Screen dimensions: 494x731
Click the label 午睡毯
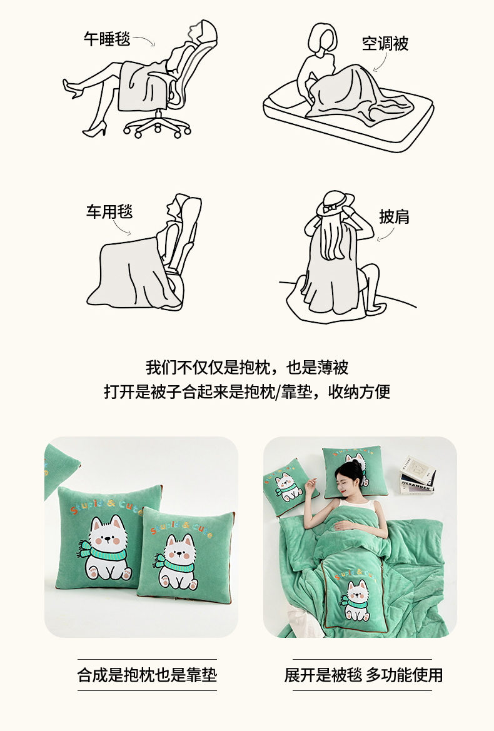pos(107,38)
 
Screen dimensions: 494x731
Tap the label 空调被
pos(385,43)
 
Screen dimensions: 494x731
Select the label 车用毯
pos(109,211)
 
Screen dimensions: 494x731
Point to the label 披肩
pos(395,217)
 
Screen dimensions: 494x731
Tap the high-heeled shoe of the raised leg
pos(73,89)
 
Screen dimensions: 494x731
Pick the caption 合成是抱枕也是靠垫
pos(148,675)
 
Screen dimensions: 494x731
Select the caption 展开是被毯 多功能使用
pos(363,675)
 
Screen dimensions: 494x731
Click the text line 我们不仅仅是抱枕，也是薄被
pos(247,367)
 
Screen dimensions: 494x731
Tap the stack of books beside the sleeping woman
pos(418,475)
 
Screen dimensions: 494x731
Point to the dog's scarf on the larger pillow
pos(103,552)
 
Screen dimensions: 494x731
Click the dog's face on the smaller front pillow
pos(180,550)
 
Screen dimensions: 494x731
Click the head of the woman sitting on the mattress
pos(321,40)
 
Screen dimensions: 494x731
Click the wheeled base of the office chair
pos(158,125)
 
